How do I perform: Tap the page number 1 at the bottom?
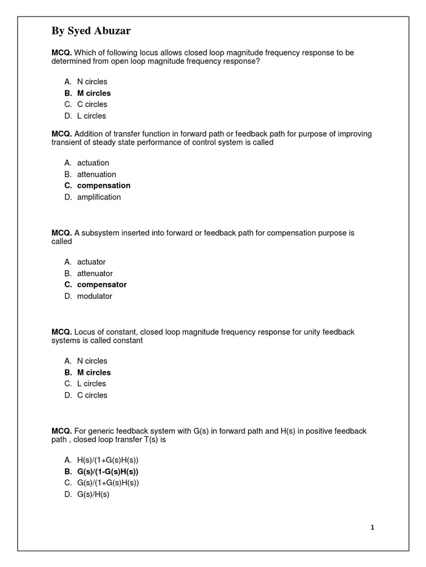(x=372, y=528)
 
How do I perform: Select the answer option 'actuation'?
(x=93, y=163)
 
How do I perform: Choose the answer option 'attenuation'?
(x=97, y=174)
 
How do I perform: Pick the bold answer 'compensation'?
(x=104, y=185)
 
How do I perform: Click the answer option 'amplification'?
(x=99, y=197)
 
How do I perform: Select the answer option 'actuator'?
(x=91, y=262)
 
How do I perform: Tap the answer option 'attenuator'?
(x=95, y=274)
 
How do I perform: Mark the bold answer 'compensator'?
(x=102, y=285)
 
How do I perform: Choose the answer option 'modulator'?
(x=94, y=296)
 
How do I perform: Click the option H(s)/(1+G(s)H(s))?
(x=108, y=460)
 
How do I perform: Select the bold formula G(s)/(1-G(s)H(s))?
(x=108, y=472)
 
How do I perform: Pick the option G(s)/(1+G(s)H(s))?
(x=108, y=483)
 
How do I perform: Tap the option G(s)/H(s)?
(x=93, y=494)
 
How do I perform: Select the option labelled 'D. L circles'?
(x=92, y=116)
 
